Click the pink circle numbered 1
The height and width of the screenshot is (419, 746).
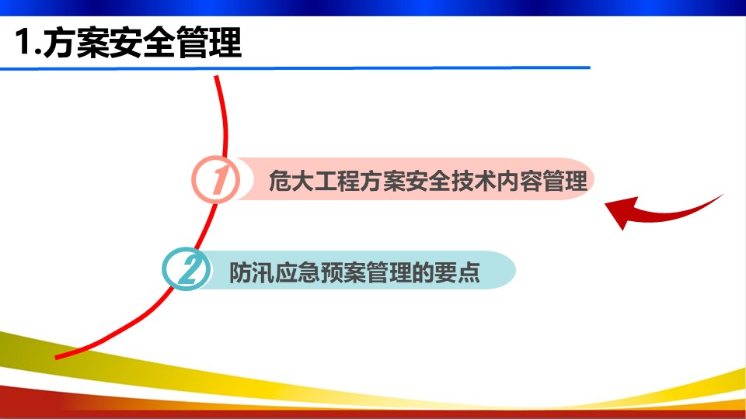point(216,179)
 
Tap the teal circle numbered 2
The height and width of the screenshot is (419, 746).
point(186,269)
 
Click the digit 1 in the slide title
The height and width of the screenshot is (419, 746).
point(23,42)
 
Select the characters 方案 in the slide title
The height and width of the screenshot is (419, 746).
point(77,42)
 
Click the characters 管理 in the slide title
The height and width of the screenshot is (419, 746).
point(209,42)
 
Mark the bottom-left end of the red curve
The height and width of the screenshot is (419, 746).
point(56,357)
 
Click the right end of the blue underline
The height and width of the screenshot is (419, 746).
point(590,68)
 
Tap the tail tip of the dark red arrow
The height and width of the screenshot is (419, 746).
point(723,194)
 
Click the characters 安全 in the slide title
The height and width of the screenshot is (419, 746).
point(143,42)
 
